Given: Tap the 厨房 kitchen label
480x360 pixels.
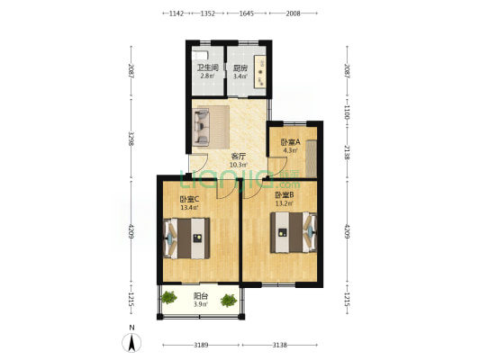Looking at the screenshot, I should (x=240, y=67).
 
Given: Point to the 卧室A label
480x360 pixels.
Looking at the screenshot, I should (x=290, y=142).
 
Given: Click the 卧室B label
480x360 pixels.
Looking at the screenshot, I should (x=283, y=194).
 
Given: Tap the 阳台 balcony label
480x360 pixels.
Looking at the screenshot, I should (x=200, y=295).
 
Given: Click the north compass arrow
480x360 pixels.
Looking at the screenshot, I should (x=131, y=342).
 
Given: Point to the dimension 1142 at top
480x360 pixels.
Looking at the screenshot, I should (x=177, y=14).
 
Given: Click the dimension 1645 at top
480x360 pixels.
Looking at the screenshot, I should (x=246, y=14).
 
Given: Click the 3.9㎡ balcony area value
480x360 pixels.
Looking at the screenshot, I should (x=200, y=304).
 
